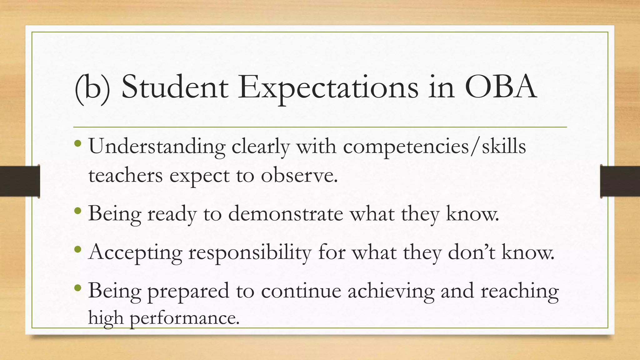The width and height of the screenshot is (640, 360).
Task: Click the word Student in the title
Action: [x=175, y=87]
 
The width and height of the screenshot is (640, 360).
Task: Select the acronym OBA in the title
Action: [x=501, y=87]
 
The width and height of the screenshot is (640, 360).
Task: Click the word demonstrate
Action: [x=286, y=214]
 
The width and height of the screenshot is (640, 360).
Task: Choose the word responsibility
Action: [x=250, y=252]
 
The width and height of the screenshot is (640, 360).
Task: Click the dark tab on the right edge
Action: [x=620, y=181]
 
